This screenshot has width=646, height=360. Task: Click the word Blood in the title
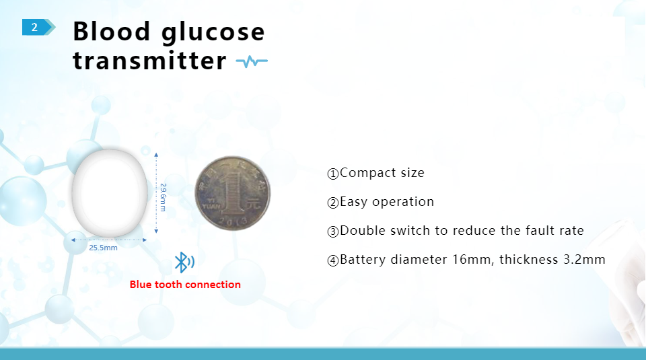click(x=112, y=32)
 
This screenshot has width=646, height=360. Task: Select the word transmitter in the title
click(x=149, y=61)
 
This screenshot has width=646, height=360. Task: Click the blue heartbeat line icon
click(x=252, y=62)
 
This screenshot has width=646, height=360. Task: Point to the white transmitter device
click(x=110, y=193)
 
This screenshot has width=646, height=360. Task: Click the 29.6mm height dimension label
click(x=163, y=197)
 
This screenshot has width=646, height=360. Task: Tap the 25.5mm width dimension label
click(x=103, y=248)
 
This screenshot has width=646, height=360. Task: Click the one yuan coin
click(x=232, y=192)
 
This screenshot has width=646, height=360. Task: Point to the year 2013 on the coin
click(x=234, y=221)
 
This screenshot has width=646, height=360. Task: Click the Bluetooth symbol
click(x=184, y=262)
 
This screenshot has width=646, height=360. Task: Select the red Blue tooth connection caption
click(x=185, y=284)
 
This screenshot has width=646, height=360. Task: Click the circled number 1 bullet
click(x=333, y=174)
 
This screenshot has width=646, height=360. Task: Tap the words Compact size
click(x=382, y=172)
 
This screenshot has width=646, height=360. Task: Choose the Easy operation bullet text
click(x=387, y=202)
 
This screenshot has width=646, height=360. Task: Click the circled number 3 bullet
click(x=333, y=231)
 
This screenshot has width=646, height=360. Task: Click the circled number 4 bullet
click(x=333, y=260)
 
